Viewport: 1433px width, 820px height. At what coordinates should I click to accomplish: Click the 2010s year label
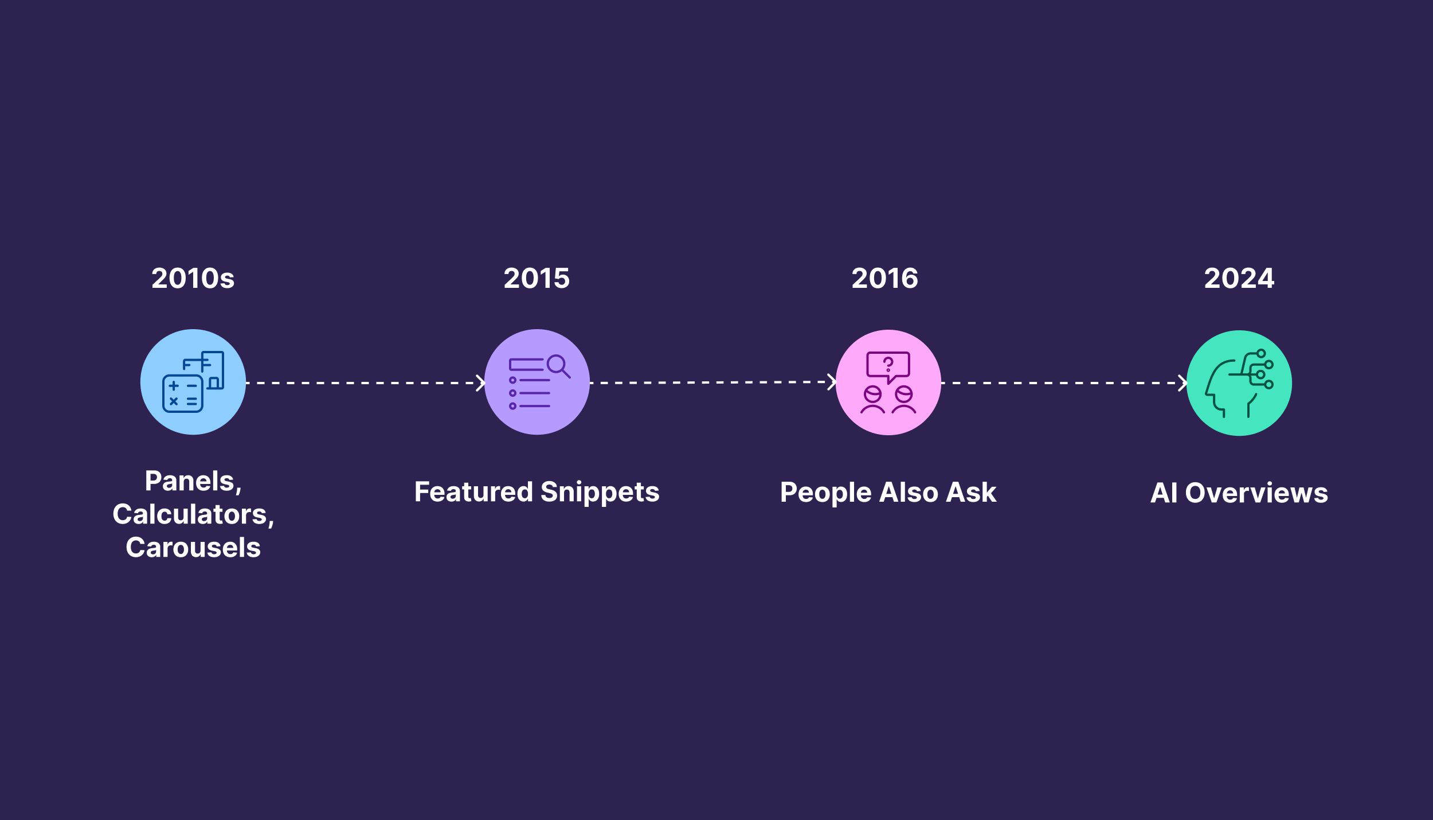pos(193,279)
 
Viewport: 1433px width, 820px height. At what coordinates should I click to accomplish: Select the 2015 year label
pos(537,279)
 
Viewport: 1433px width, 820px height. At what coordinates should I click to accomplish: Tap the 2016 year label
pos(884,279)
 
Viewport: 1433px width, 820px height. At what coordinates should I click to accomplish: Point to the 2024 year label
pos(1239,279)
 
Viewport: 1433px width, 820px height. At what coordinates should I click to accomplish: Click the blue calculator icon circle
pos(193,382)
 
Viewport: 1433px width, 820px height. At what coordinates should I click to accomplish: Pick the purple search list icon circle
pos(537,382)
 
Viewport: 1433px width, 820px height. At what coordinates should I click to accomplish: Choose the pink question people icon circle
pos(888,382)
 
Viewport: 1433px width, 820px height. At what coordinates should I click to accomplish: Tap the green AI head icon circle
pos(1239,383)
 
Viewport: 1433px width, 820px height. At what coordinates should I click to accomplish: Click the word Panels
pos(190,481)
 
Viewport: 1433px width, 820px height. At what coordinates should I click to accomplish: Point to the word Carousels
pos(193,548)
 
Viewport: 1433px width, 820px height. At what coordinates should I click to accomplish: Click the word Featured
pos(473,492)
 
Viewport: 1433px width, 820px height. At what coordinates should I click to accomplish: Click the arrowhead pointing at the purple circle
pos(481,383)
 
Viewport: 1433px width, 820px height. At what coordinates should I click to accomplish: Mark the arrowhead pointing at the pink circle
pos(832,382)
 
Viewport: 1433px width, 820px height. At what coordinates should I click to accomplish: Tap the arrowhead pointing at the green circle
pos(1183,383)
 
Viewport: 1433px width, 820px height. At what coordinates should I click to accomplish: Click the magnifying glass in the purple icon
pos(558,365)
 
